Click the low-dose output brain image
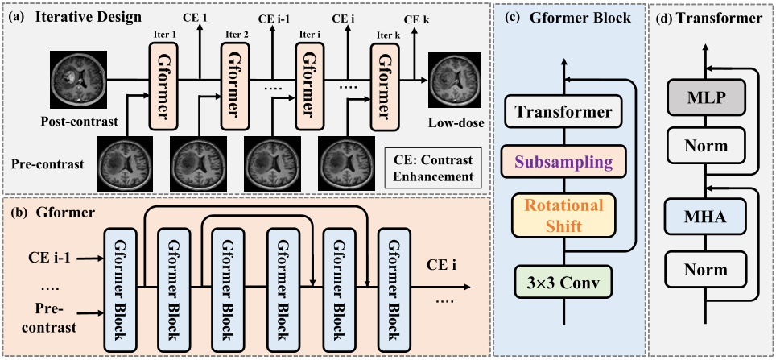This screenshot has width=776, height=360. (456, 79)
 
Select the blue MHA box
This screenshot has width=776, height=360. (707, 217)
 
